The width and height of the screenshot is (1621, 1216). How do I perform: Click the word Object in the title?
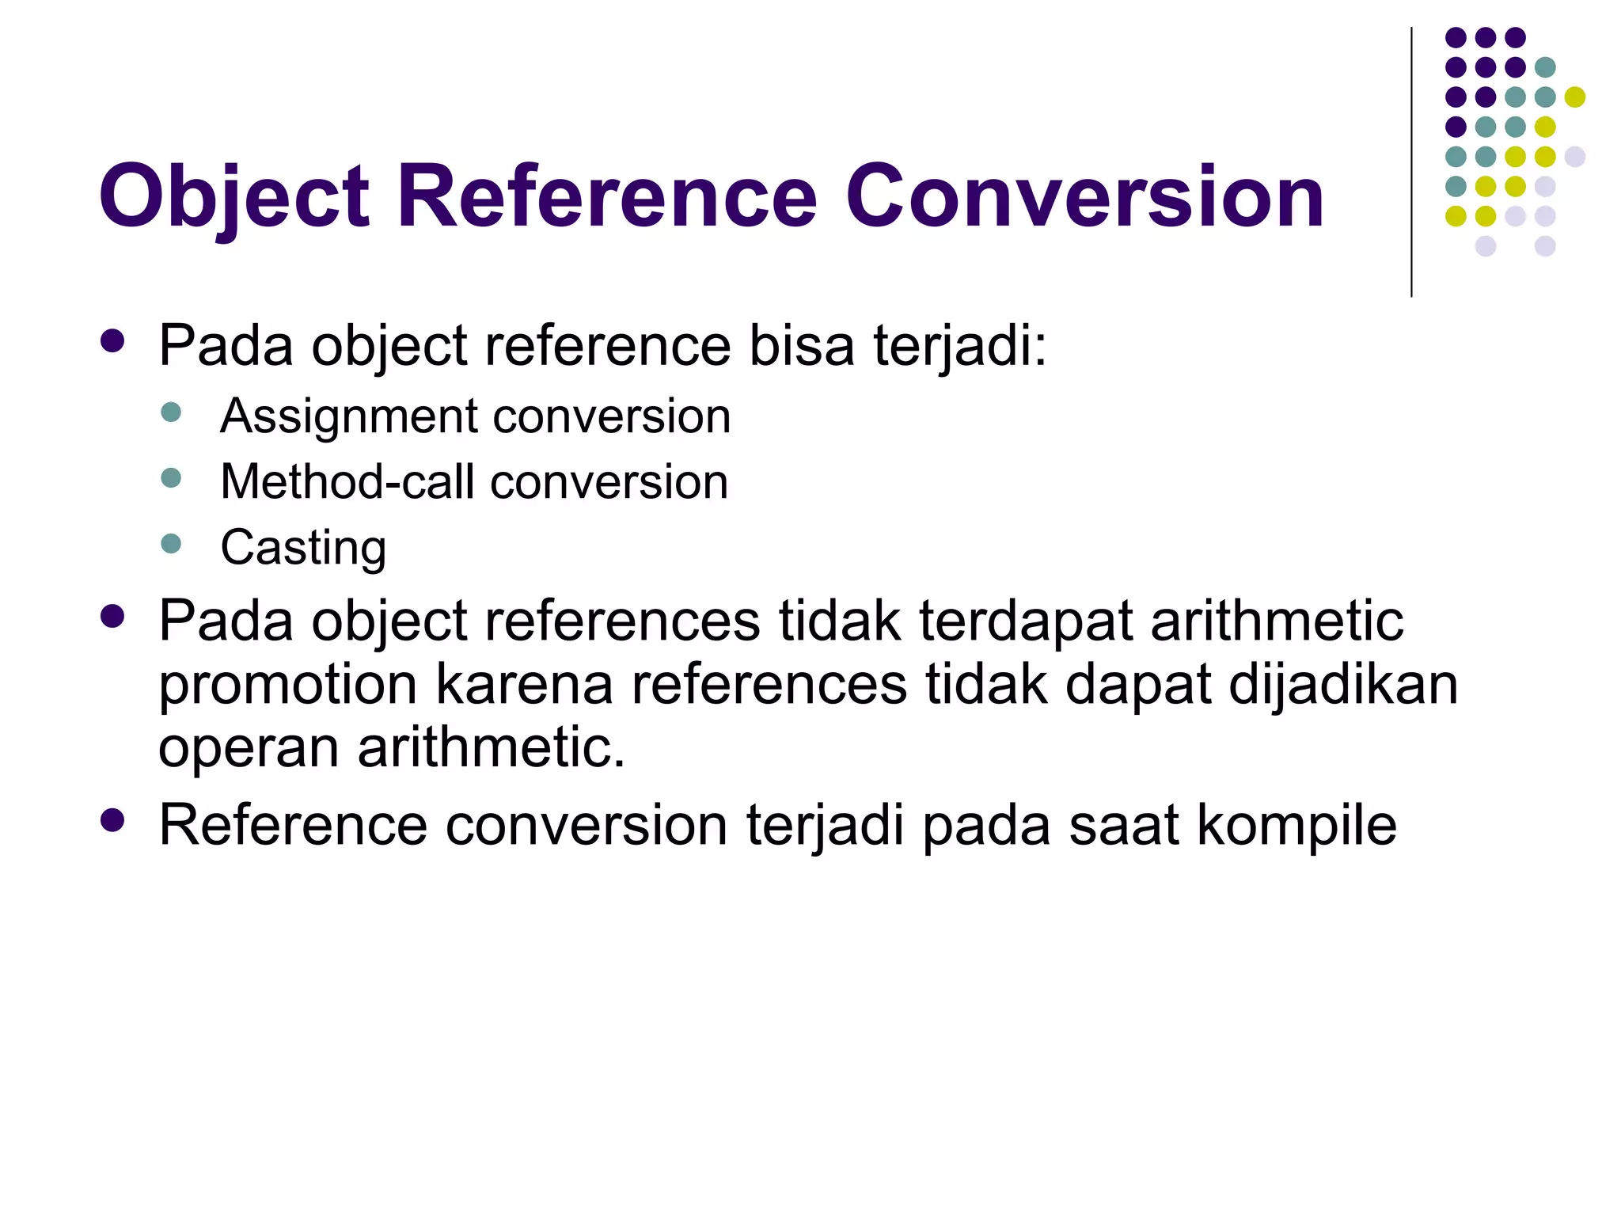coord(234,197)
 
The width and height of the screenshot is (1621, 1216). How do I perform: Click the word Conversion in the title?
coord(1084,197)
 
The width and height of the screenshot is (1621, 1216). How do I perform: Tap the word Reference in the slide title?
coord(606,197)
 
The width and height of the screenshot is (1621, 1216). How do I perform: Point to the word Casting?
coord(303,548)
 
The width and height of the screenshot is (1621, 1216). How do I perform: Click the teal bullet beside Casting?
coord(171,544)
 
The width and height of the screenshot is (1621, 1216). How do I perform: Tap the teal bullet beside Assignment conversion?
coord(171,412)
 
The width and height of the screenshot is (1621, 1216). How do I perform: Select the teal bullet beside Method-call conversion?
coord(171,478)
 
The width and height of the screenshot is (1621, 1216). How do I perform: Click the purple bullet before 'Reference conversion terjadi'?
coord(113,820)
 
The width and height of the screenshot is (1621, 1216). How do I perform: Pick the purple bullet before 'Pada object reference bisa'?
coord(113,340)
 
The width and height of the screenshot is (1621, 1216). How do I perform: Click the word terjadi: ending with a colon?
coord(960,346)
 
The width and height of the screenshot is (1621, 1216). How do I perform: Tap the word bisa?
coord(802,346)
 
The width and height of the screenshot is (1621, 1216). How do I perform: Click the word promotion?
coord(287,686)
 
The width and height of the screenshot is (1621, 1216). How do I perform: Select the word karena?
coord(524,686)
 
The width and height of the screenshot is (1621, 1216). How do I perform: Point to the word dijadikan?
coord(1343,686)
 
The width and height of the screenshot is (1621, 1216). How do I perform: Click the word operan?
coord(249,748)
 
